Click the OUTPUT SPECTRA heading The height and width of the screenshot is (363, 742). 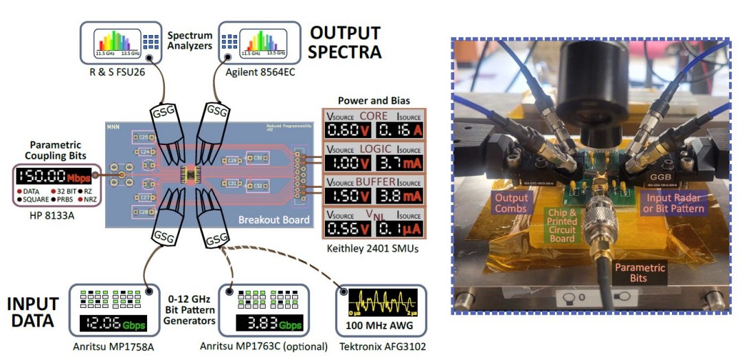coord(344,42)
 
